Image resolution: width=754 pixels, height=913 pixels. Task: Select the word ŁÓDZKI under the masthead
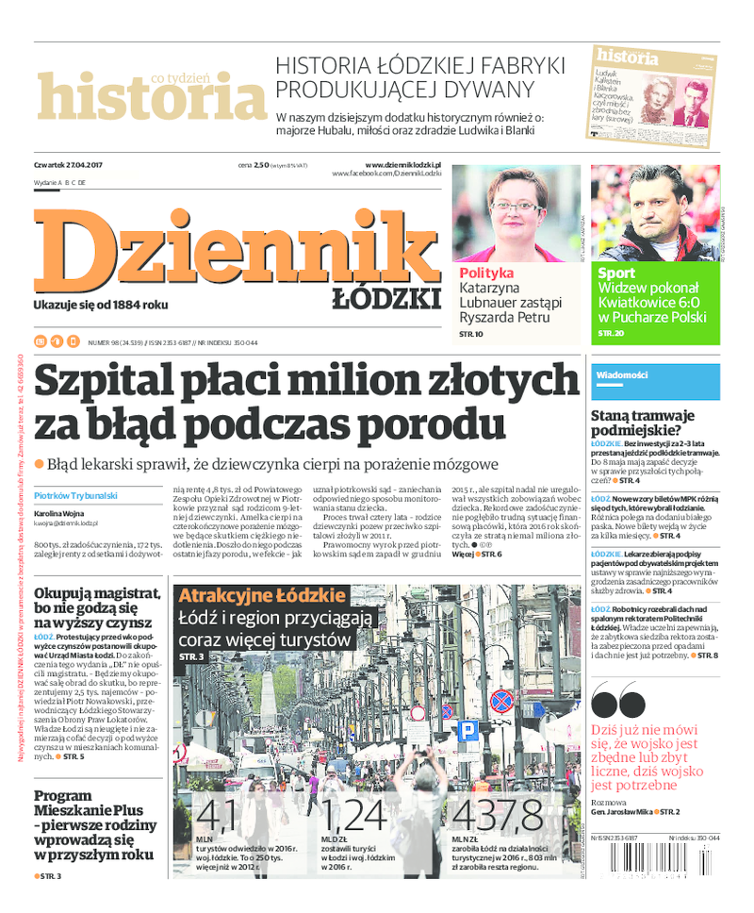click(x=386, y=300)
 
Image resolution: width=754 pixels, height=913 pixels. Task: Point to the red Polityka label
click(x=486, y=273)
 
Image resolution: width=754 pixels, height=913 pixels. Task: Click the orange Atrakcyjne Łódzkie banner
click(x=261, y=596)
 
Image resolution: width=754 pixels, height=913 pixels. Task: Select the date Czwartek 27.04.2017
click(x=68, y=165)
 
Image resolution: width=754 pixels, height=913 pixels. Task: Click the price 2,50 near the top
click(x=261, y=165)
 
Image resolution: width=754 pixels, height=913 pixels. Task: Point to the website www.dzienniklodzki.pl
click(x=402, y=164)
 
